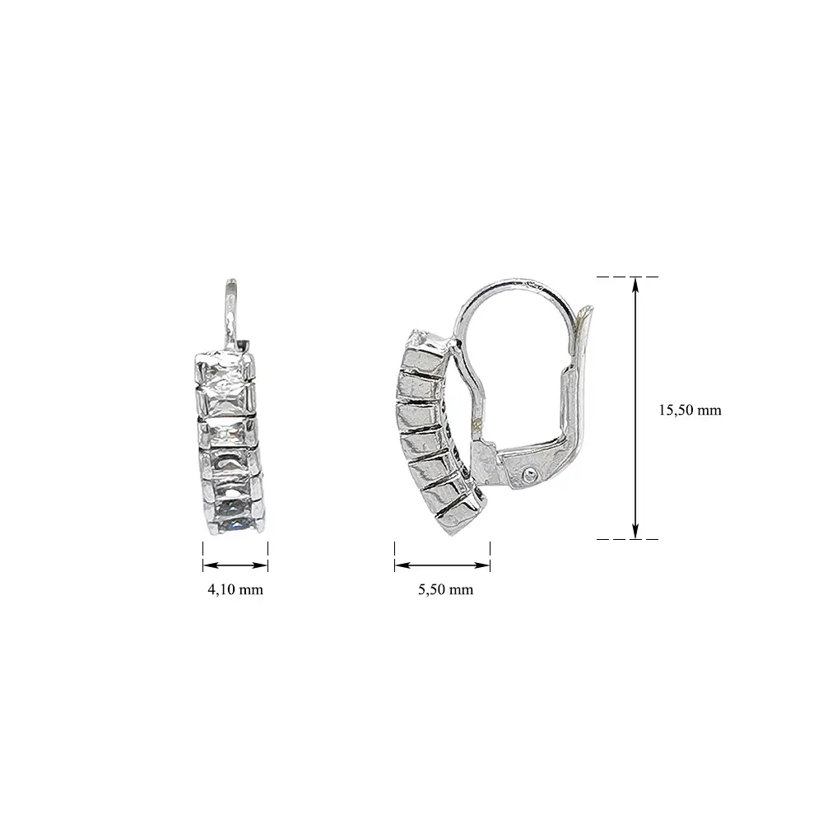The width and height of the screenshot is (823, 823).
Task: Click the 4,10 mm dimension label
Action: [235, 589]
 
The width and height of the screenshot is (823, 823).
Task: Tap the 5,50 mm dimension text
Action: [445, 589]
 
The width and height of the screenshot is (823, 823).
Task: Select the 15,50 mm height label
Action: [690, 410]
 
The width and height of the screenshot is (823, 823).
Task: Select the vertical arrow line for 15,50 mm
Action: [635, 408]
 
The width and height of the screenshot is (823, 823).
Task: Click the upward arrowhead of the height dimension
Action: [635, 285]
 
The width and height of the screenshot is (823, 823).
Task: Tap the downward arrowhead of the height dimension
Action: [635, 531]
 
